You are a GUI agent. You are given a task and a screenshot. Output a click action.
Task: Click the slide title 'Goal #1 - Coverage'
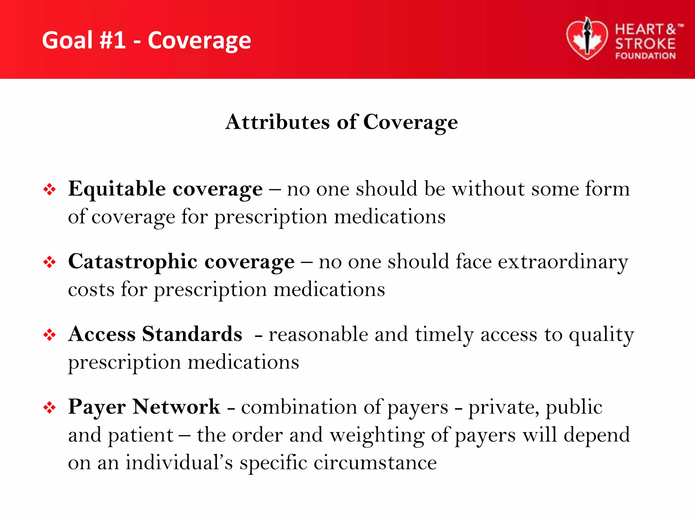tap(146, 40)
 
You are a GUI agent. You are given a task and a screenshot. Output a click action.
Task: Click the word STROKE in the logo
tap(645, 44)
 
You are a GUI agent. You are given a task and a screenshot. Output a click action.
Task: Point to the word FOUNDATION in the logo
tap(645, 56)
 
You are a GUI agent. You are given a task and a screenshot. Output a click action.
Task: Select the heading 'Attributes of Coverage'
tap(341, 122)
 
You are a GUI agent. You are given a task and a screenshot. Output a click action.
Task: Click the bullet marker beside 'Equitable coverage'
tap(50, 189)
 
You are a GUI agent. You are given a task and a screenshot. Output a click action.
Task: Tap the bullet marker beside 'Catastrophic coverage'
tap(50, 262)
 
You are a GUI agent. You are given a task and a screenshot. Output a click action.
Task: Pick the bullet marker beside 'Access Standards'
tap(50, 335)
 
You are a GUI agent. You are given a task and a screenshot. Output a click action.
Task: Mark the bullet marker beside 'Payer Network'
tap(50, 407)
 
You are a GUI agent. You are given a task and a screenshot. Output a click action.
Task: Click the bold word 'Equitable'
tap(117, 189)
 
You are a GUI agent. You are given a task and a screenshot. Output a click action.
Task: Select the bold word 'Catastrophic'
tap(133, 262)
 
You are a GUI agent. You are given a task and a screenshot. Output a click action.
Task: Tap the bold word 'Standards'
tap(192, 334)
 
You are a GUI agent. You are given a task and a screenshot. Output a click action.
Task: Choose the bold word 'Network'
tap(176, 407)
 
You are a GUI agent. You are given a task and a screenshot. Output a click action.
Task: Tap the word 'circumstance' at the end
tap(375, 463)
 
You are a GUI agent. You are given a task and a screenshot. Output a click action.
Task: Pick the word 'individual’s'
tap(179, 463)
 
